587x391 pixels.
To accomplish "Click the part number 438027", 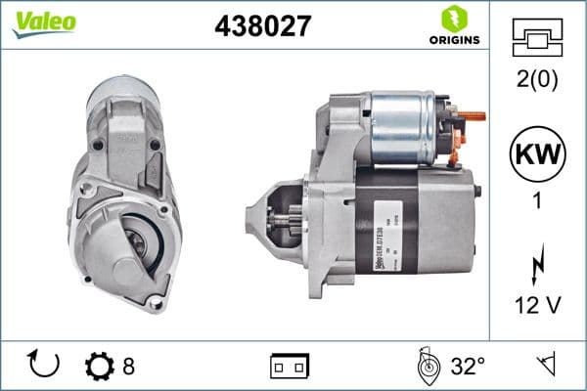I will point(262,26).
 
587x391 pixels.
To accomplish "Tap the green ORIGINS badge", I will point(451,26).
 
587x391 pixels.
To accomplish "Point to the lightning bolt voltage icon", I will point(537,265).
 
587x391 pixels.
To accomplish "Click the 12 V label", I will point(537,307).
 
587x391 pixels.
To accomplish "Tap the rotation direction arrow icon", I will point(44,366).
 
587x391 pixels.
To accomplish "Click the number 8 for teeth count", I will point(129,367).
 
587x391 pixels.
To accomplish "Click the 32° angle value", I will point(468,367).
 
